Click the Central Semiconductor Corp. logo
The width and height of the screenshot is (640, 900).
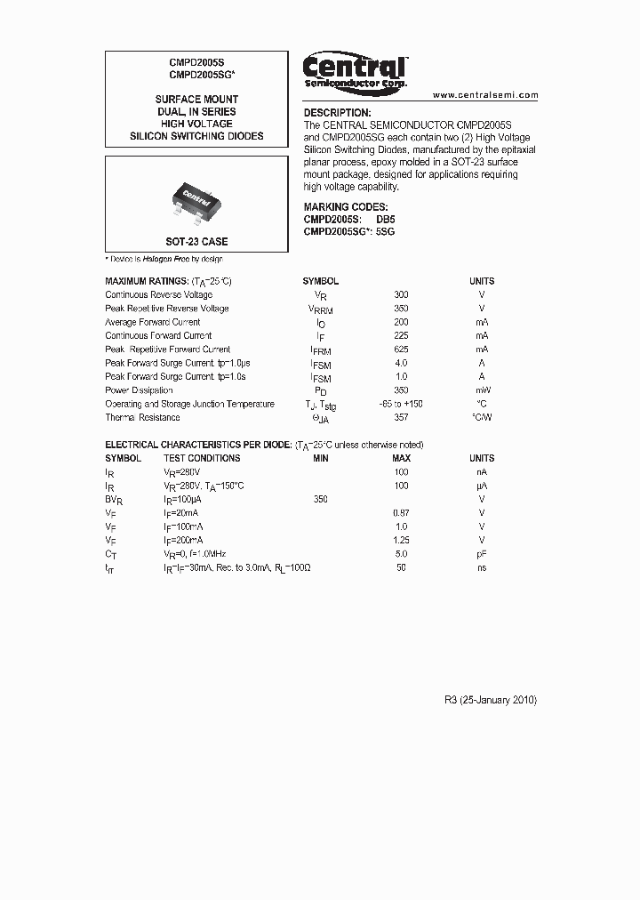click(x=355, y=70)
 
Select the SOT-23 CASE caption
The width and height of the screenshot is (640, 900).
click(x=196, y=242)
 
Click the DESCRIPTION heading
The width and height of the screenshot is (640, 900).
click(x=337, y=113)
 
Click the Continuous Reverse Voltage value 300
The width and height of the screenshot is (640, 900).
click(x=401, y=294)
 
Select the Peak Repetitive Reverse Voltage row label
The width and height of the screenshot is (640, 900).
click(x=167, y=309)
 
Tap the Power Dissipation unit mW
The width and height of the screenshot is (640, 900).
click(x=482, y=390)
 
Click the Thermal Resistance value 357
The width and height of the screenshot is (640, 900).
click(x=401, y=418)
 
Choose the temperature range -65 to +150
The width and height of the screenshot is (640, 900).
click(x=400, y=404)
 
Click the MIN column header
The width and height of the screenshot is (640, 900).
click(x=321, y=458)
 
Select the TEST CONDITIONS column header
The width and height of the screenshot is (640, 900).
click(x=202, y=458)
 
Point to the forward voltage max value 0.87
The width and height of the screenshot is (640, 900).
click(x=401, y=513)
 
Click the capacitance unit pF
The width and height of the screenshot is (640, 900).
click(x=482, y=554)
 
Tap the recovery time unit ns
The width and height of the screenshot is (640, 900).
click(x=482, y=567)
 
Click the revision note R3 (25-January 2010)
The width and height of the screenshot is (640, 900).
click(x=491, y=700)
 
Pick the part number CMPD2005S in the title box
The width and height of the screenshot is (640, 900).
click(x=196, y=63)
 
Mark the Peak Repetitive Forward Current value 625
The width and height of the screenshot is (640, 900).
click(x=401, y=350)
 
